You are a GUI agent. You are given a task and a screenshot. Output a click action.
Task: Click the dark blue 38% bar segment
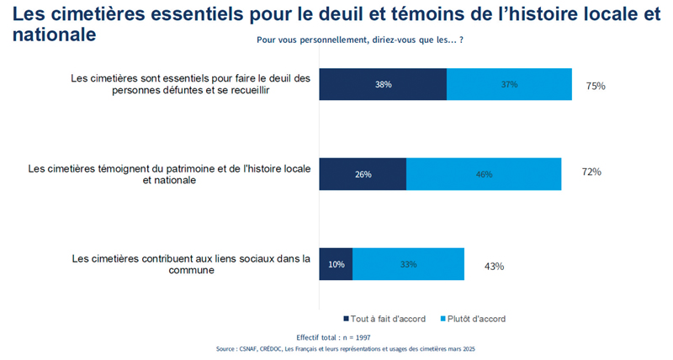(383, 84)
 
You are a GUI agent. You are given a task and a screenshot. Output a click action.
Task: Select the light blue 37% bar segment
(509, 84)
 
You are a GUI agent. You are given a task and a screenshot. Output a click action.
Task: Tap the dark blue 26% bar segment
(363, 174)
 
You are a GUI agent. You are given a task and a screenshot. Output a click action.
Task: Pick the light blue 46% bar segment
(484, 174)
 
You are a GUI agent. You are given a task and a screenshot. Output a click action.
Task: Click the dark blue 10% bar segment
(336, 264)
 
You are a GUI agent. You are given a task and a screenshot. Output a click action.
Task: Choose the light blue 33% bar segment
(408, 264)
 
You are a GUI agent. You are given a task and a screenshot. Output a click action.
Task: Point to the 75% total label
(595, 86)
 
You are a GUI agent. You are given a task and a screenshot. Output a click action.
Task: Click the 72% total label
(591, 172)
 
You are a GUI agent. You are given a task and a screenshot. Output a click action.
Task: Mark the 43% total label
(494, 266)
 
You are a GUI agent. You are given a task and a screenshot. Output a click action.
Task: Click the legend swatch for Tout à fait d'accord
(346, 319)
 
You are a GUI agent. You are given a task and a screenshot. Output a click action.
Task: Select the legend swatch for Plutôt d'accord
(442, 319)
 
